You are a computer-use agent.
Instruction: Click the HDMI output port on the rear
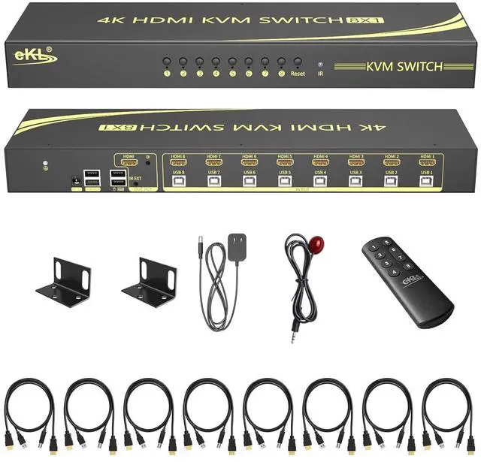point(128,161)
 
